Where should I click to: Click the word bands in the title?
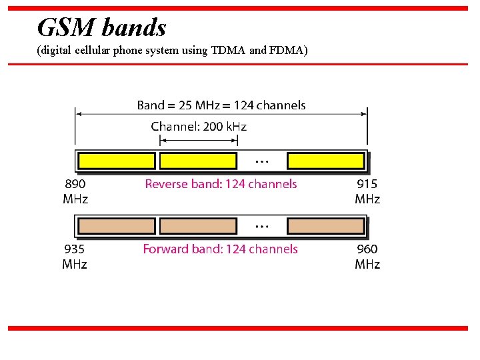pyautogui.click(x=134, y=27)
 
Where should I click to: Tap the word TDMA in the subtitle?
pyautogui.click(x=228, y=51)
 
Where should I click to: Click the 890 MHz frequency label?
pyautogui.click(x=75, y=191)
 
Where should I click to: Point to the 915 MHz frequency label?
pyautogui.click(x=367, y=191)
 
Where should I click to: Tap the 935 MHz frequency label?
pyautogui.click(x=75, y=257)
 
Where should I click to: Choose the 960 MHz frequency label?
pyautogui.click(x=367, y=257)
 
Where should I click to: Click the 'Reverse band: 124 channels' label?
pyautogui.click(x=221, y=184)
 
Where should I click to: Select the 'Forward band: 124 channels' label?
pyautogui.click(x=220, y=249)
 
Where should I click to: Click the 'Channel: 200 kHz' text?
pyautogui.click(x=199, y=126)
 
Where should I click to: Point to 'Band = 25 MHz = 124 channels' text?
pyautogui.click(x=221, y=105)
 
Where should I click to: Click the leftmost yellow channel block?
pyautogui.click(x=117, y=161)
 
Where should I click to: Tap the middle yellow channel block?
pyautogui.click(x=198, y=161)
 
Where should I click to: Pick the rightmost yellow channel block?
pyautogui.click(x=326, y=161)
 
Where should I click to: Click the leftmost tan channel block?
pyautogui.click(x=117, y=226)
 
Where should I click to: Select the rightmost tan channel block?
pyautogui.click(x=326, y=226)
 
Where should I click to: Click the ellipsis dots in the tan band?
pyautogui.click(x=262, y=227)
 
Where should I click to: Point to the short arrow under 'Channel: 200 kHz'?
pyautogui.click(x=199, y=140)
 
